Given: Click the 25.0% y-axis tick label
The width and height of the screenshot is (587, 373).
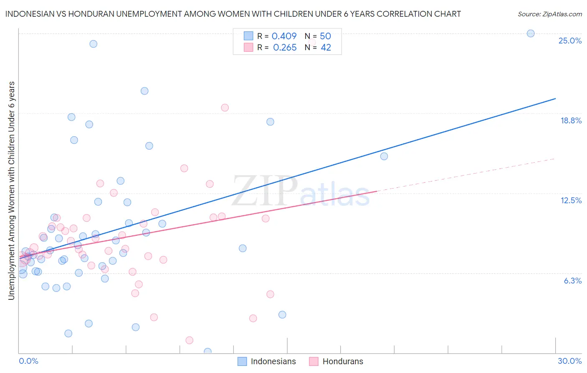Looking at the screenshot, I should pyautogui.click(x=570, y=41).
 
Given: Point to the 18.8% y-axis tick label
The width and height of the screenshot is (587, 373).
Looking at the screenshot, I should pyautogui.click(x=571, y=120).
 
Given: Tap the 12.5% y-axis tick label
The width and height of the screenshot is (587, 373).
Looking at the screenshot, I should pyautogui.click(x=571, y=200).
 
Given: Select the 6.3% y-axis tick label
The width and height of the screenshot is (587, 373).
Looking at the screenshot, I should pyautogui.click(x=572, y=281).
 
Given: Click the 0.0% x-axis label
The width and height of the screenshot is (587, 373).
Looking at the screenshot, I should pyautogui.click(x=28, y=361).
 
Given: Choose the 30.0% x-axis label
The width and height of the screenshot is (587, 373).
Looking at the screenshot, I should pyautogui.click(x=569, y=361).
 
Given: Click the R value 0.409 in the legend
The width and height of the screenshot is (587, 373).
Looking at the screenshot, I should pyautogui.click(x=284, y=36).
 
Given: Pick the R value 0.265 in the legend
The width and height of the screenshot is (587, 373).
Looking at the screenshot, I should pyautogui.click(x=285, y=48).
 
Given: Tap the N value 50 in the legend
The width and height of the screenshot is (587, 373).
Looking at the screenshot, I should pyautogui.click(x=325, y=36).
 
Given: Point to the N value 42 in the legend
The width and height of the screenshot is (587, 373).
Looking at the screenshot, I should pyautogui.click(x=326, y=48).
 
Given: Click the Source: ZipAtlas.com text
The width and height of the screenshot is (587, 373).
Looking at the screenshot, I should pyautogui.click(x=549, y=14).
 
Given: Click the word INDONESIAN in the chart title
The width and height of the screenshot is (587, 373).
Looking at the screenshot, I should pyautogui.click(x=29, y=14).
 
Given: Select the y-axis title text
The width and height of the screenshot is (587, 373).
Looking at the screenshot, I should pyautogui.click(x=11, y=191).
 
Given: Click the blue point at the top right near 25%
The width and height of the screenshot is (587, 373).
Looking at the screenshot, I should pyautogui.click(x=531, y=33).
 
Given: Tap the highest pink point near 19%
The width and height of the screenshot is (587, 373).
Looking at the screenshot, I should pyautogui.click(x=225, y=107).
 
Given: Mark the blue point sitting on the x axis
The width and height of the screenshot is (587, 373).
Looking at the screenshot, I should pyautogui.click(x=207, y=352).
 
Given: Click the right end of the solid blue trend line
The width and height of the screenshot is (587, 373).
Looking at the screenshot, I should pyautogui.click(x=555, y=98).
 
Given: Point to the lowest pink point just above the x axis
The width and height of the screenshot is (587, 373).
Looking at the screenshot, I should pyautogui.click(x=189, y=340).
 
